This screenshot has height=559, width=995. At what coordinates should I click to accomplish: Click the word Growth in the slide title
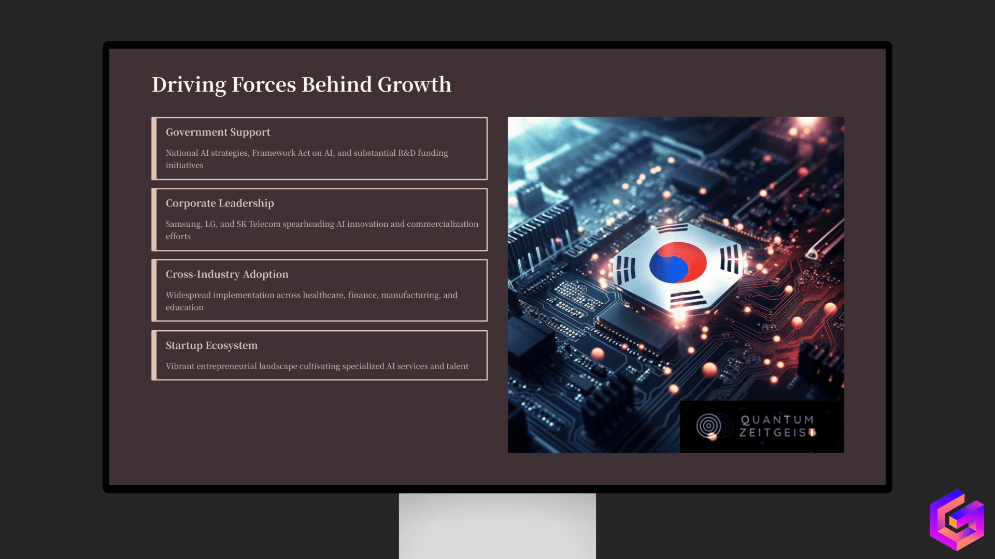pyautogui.click(x=414, y=85)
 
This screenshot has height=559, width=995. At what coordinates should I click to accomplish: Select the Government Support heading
pyautogui.click(x=218, y=133)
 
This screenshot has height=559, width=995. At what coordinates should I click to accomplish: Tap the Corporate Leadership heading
pyautogui.click(x=220, y=203)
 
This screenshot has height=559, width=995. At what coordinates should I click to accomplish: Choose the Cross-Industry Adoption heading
pyautogui.click(x=227, y=274)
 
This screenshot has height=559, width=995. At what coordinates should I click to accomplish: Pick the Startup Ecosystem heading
pyautogui.click(x=211, y=345)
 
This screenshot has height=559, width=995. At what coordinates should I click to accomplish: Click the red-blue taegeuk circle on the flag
pyautogui.click(x=677, y=262)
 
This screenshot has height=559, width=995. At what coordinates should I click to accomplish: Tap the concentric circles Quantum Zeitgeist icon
pyautogui.click(x=708, y=426)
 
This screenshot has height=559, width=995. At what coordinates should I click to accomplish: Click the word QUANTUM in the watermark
pyautogui.click(x=777, y=420)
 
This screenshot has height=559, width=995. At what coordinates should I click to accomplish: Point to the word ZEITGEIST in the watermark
pyautogui.click(x=777, y=433)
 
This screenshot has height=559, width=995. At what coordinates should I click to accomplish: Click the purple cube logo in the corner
pyautogui.click(x=957, y=520)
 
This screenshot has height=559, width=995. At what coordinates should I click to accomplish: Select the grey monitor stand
pyautogui.click(x=497, y=525)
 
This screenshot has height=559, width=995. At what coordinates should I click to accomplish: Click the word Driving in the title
pyautogui.click(x=189, y=85)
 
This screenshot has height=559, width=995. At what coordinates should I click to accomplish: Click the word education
pyautogui.click(x=184, y=307)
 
